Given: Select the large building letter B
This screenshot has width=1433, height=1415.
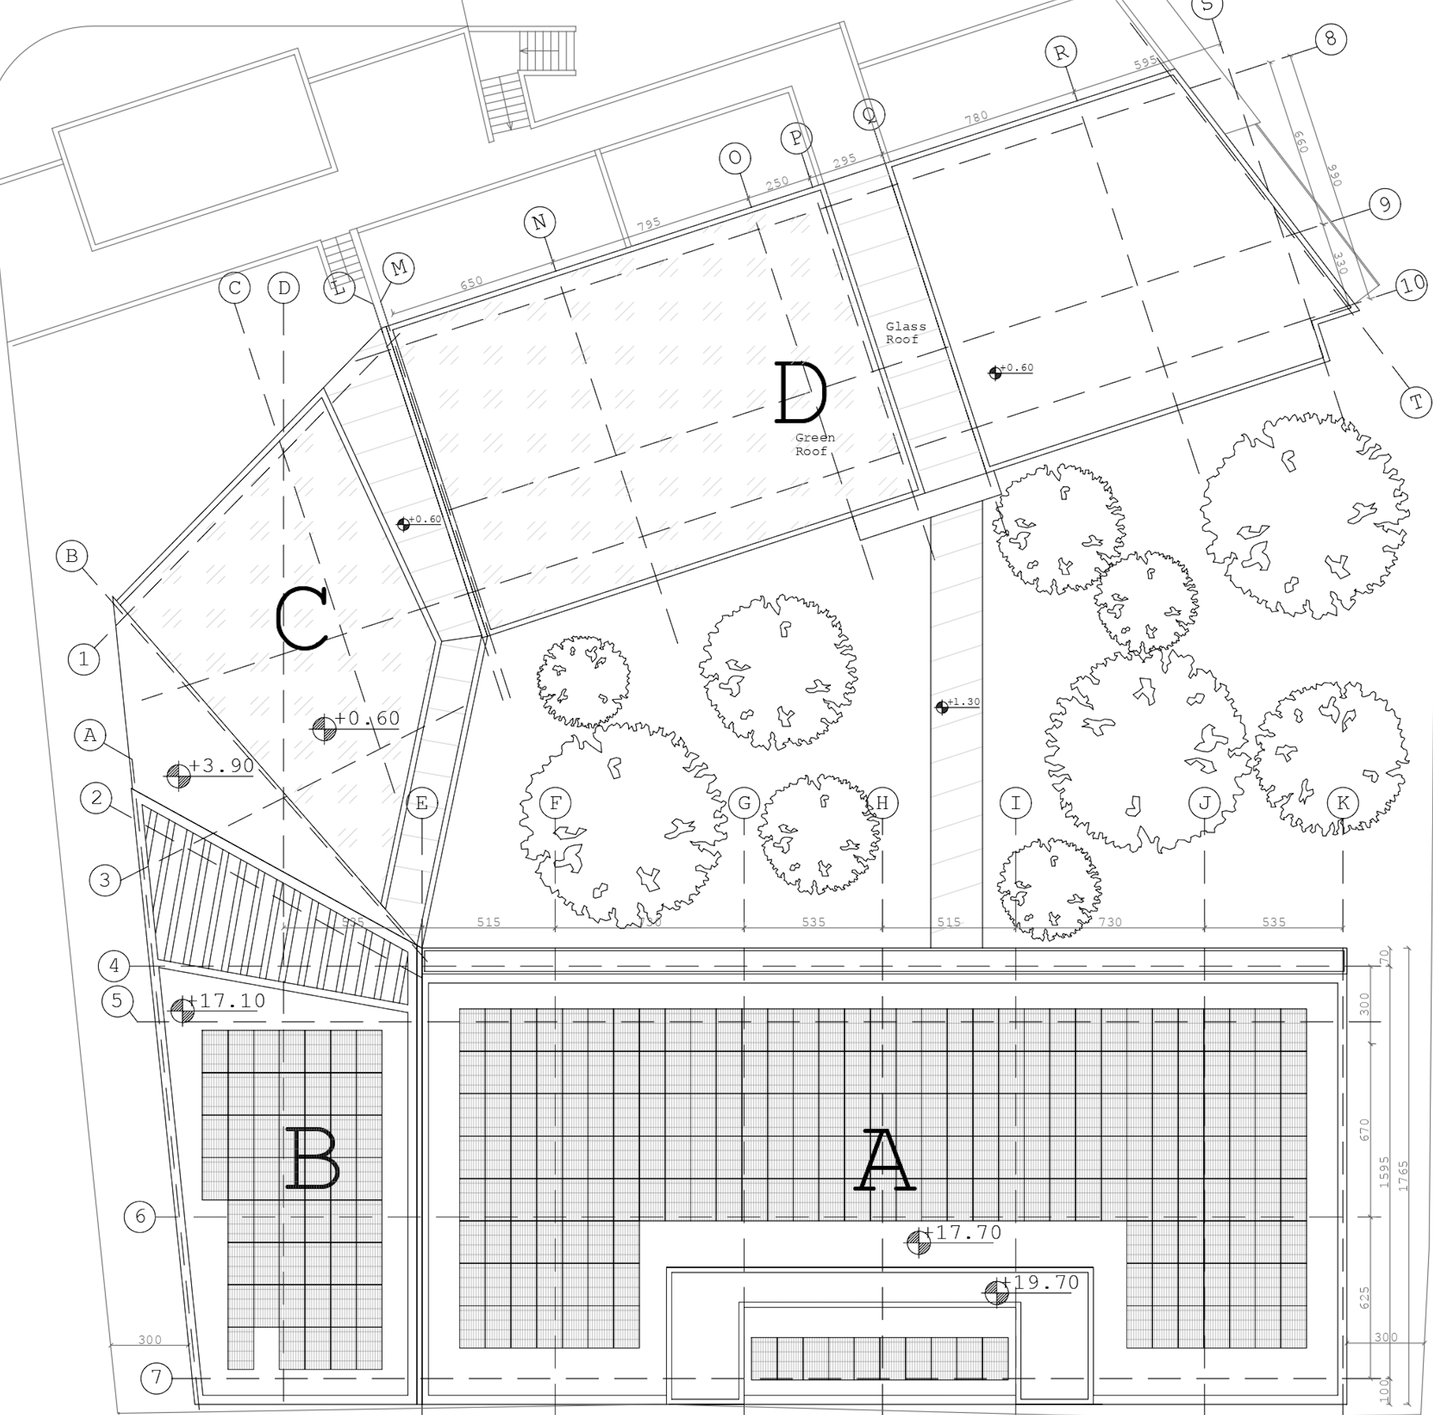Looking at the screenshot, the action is pos(312,1159).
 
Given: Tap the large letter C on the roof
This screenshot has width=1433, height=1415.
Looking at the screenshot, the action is pos(302,618).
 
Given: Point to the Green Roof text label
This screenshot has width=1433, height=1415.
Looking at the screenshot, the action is pos(815,444).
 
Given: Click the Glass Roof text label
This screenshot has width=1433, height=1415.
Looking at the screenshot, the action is pos(905,333).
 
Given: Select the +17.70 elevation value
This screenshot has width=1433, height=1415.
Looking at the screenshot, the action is pos(968,1232).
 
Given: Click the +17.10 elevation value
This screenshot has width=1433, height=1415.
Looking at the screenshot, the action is pos(231,1001).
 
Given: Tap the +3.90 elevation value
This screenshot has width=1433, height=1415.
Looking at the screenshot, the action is pos(221,766).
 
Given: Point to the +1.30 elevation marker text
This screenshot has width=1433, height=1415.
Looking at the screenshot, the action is pos(964,701).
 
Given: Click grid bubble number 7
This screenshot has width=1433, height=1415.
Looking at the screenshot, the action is pos(155,1378).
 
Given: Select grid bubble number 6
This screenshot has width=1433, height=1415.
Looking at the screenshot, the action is pos(140,1216).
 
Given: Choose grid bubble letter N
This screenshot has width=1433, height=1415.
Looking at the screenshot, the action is pos(539,222).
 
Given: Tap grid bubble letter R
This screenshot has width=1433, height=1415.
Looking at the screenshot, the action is pos(1061,52).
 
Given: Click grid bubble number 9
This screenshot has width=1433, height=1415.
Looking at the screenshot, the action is pos(1384,204).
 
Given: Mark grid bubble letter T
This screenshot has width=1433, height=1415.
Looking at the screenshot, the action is pos(1416,402).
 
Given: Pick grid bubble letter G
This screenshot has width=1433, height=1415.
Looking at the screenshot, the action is pos(744,803).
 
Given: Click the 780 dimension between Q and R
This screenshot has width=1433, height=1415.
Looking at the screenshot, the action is pos(976,117).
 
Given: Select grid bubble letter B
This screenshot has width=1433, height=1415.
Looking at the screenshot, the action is pos(72,556).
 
